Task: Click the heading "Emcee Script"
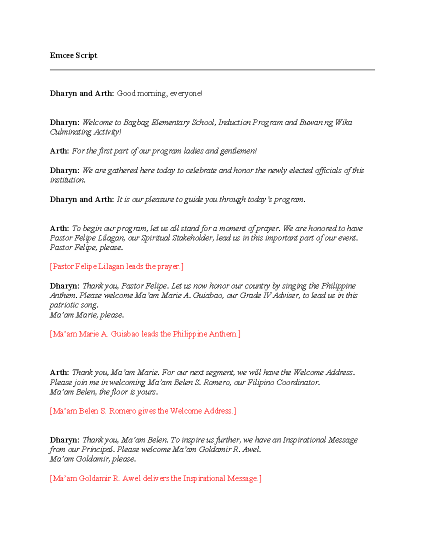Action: pos(73,55)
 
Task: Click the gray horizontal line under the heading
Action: pos(212,70)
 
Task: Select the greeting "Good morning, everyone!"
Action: pos(160,93)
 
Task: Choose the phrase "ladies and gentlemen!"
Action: pos(220,151)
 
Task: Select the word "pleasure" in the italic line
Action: pos(159,200)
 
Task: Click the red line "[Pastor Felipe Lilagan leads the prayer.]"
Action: pos(117,266)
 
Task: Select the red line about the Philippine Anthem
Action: pos(145,334)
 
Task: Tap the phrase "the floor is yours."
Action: pos(128,392)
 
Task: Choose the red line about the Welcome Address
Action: pos(143,411)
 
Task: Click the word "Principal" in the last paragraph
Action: pos(97,449)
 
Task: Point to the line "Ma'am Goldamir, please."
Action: pos(93,459)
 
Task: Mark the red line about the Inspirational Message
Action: pos(155,478)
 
